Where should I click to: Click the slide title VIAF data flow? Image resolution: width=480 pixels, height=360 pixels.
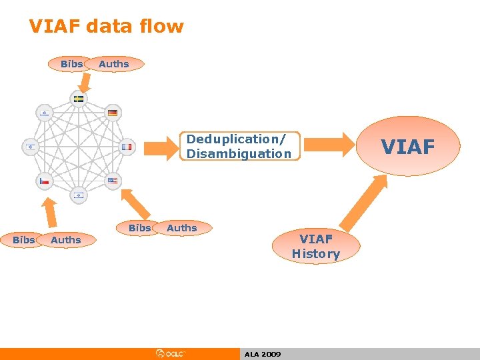point(106,27)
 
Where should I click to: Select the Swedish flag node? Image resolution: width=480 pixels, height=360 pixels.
point(79,99)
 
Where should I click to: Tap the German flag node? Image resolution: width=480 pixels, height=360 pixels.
point(113,113)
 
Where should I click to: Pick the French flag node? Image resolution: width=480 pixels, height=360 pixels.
point(127,147)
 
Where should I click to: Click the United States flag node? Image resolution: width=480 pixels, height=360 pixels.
point(113,181)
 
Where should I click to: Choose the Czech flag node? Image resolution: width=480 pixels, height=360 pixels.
point(44,181)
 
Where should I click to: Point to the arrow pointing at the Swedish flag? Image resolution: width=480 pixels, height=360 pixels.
point(84,81)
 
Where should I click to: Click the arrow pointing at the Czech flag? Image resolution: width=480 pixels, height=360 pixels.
point(49,211)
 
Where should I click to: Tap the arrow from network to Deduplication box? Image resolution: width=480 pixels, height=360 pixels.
point(159,146)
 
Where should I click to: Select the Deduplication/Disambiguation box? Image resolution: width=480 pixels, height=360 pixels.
point(240,147)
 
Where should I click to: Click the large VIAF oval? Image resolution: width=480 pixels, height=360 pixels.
point(408,147)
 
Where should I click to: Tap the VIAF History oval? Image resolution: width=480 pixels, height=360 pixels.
point(315,247)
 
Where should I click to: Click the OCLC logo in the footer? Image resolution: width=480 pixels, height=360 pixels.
point(171,353)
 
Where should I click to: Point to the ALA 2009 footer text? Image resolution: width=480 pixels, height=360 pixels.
point(263,354)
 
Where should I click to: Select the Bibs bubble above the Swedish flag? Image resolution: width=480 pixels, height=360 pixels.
point(71,64)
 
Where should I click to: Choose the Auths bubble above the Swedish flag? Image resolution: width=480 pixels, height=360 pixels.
point(114,64)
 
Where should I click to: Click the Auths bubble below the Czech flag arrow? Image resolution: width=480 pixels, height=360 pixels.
point(66,240)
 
